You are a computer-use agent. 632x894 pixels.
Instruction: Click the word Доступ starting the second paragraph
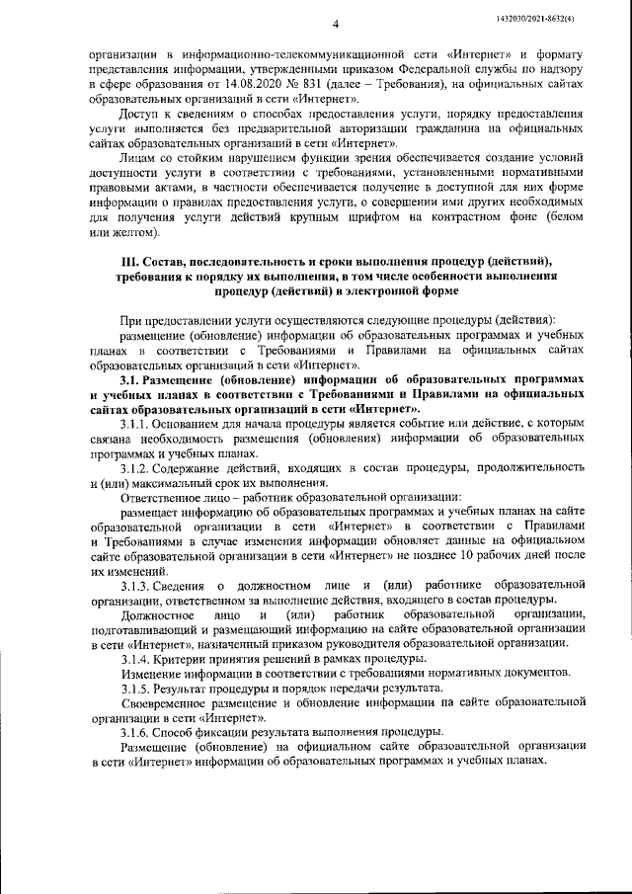point(140,116)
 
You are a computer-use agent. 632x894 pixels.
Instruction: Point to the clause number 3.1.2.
point(136,467)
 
